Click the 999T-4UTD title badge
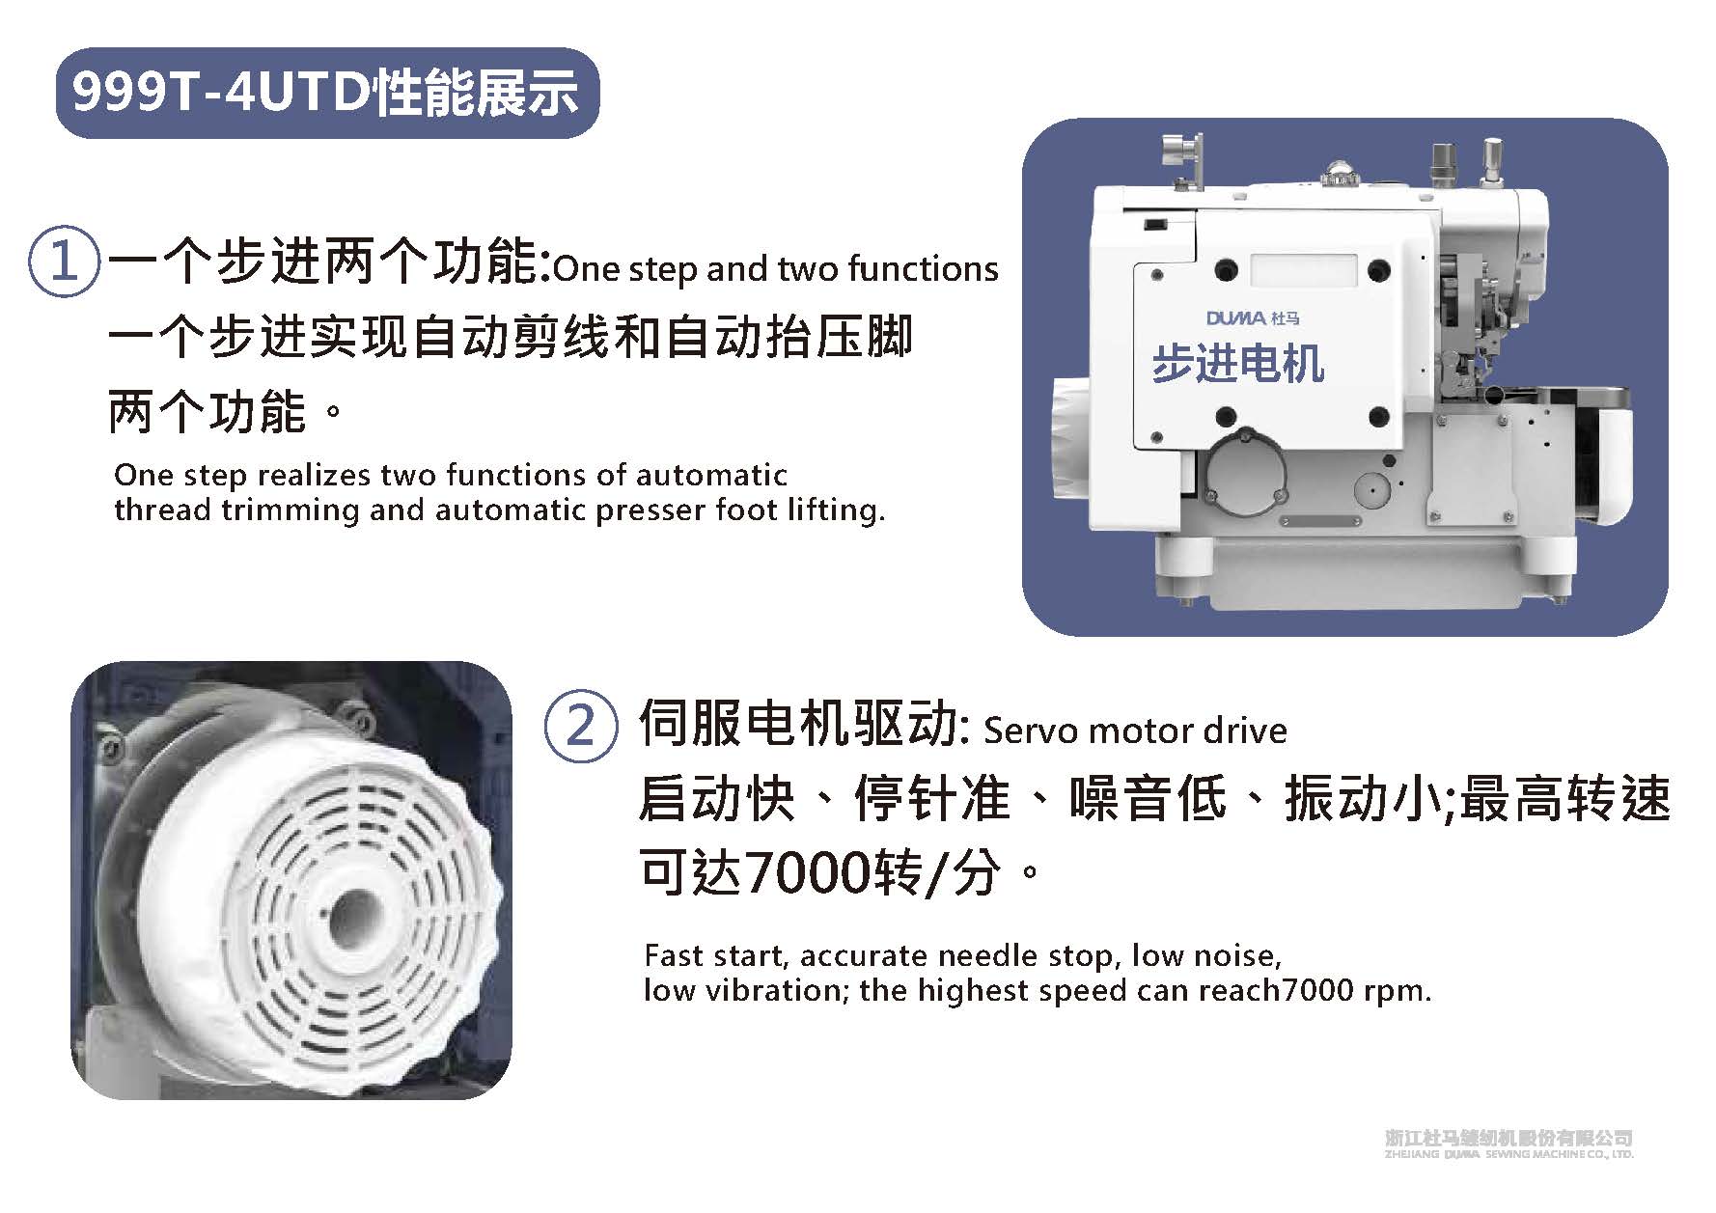click(327, 93)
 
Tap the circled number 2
click(580, 725)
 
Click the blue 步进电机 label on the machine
click(1237, 365)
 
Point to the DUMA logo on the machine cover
click(1253, 317)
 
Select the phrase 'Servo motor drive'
click(1135, 731)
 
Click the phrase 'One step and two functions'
click(776, 269)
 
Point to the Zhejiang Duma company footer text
click(1509, 1144)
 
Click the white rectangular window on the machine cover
click(1304, 269)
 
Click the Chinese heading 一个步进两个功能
click(328, 262)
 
